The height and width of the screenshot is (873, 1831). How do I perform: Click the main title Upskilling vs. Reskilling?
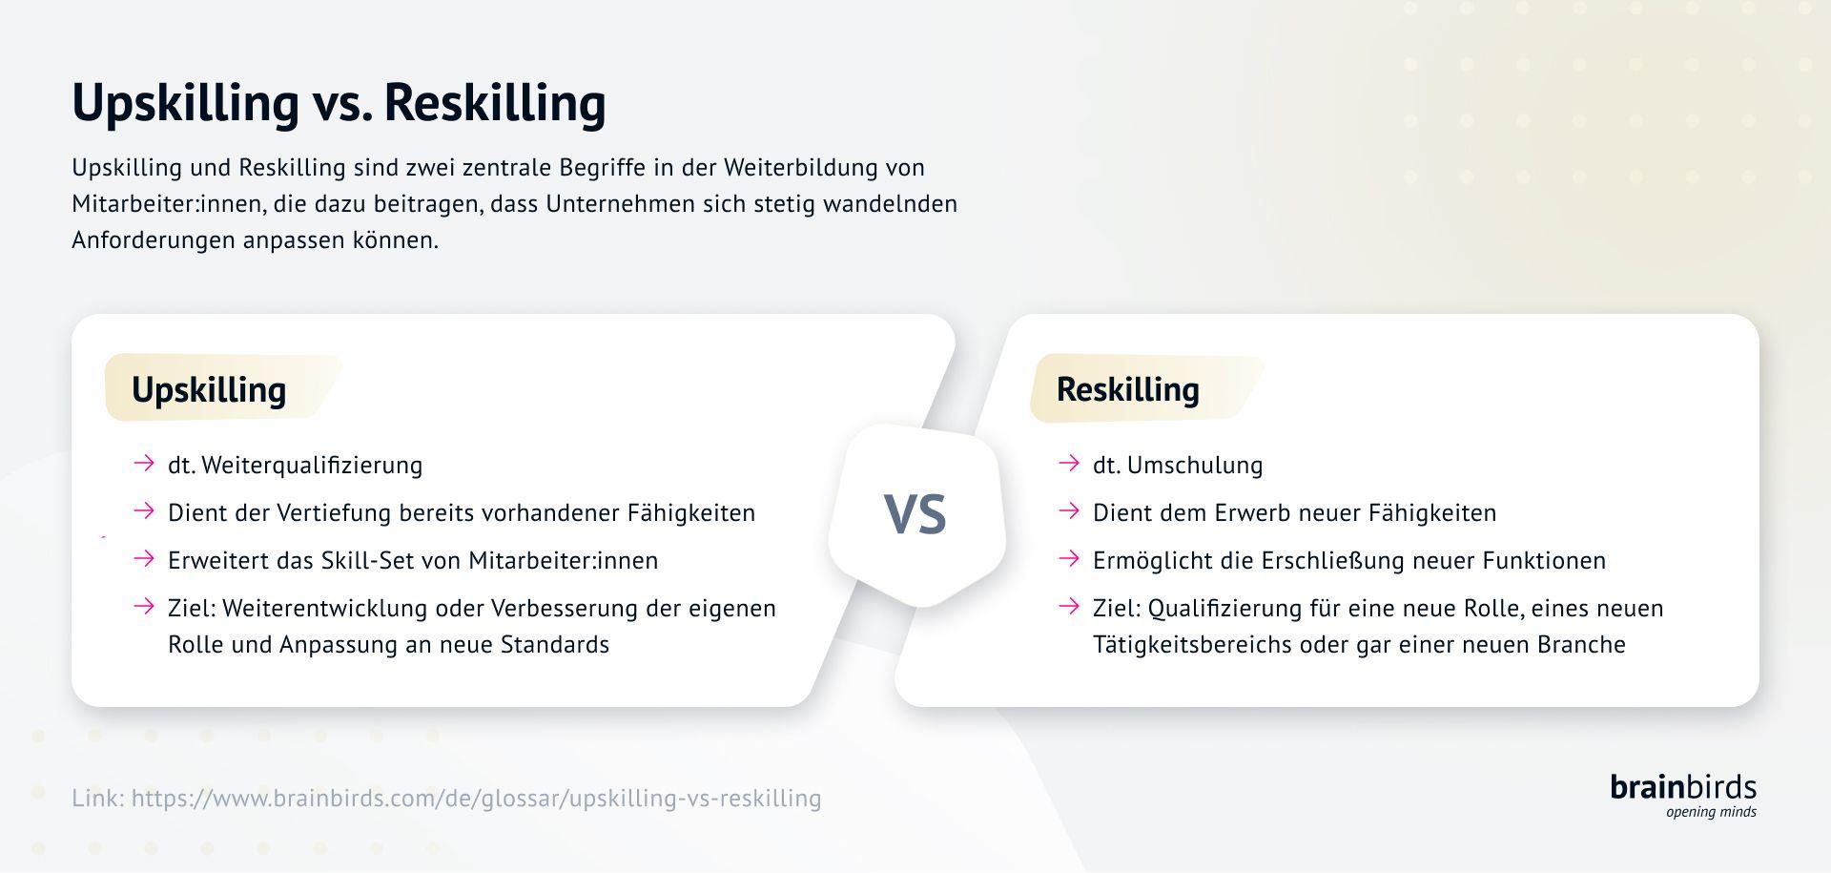[339, 102]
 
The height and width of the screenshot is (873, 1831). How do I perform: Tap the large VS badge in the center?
[915, 514]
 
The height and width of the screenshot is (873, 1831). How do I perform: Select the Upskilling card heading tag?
[209, 389]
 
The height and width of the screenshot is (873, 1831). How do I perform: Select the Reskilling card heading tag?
[1127, 389]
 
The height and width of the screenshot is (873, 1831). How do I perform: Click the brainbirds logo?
[1683, 787]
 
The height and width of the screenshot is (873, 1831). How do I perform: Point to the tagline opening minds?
[1711, 812]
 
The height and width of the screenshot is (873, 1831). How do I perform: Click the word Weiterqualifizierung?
[312, 466]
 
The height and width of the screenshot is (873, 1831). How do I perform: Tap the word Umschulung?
[1195, 466]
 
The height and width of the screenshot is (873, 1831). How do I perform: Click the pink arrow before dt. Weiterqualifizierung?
[144, 464]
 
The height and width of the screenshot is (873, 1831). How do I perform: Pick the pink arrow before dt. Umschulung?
[1069, 464]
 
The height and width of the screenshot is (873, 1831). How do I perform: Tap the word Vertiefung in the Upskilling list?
[334, 513]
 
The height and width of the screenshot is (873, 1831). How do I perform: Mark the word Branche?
[1581, 645]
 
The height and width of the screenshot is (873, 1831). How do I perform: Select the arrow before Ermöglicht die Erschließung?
[1069, 559]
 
